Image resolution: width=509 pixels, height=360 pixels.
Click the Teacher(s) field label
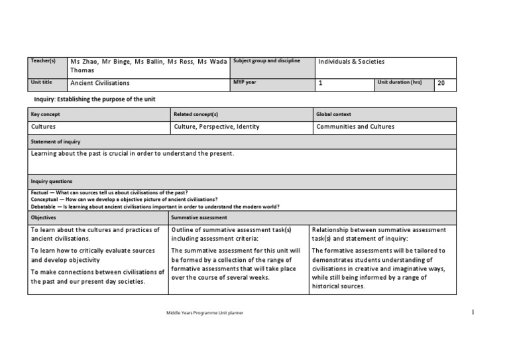(x=43, y=61)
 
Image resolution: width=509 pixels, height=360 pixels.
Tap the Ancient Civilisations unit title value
(x=100, y=83)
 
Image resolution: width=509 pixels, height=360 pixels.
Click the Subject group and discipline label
(x=266, y=61)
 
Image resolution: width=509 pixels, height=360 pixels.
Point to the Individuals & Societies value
(x=351, y=62)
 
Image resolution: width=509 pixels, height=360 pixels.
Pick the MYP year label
(x=246, y=82)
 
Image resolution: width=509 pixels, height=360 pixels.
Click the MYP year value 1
(x=321, y=83)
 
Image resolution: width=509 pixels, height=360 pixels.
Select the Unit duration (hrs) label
(x=400, y=82)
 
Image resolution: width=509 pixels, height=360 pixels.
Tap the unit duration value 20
(x=442, y=83)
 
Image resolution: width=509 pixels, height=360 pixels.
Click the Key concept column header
(x=46, y=114)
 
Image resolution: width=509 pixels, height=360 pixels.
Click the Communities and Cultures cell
(x=355, y=126)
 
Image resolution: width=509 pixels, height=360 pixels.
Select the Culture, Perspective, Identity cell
(x=217, y=126)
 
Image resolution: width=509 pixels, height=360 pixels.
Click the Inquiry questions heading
(x=52, y=181)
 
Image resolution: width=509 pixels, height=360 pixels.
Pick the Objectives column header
(x=44, y=217)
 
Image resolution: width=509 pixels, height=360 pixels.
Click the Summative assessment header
(x=199, y=217)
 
